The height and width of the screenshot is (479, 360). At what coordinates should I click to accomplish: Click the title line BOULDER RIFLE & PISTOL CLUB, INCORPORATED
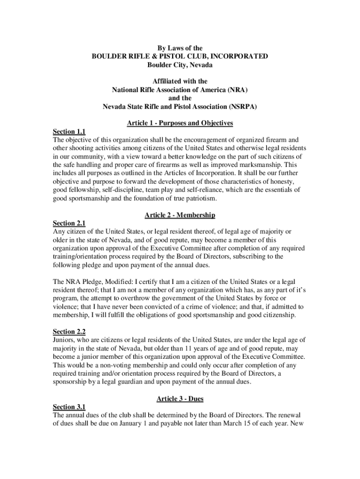pyautogui.click(x=180, y=56)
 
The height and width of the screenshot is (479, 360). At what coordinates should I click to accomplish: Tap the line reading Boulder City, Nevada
pyautogui.click(x=180, y=65)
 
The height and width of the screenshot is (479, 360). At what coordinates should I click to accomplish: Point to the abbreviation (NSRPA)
pyautogui.click(x=239, y=106)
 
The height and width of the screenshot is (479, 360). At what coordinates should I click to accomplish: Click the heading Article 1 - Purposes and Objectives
pyautogui.click(x=180, y=123)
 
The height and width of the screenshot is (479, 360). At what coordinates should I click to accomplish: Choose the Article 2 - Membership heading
pyautogui.click(x=180, y=215)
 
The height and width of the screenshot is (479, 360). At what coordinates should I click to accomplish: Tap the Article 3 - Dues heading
pyautogui.click(x=180, y=399)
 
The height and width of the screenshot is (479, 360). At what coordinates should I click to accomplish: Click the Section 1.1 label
pyautogui.click(x=69, y=131)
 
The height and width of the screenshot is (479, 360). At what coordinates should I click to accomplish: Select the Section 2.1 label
pyautogui.click(x=69, y=224)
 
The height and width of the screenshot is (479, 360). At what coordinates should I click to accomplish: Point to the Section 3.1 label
pyautogui.click(x=69, y=407)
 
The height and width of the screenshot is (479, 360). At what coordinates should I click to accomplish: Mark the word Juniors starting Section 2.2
pyautogui.click(x=64, y=340)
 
